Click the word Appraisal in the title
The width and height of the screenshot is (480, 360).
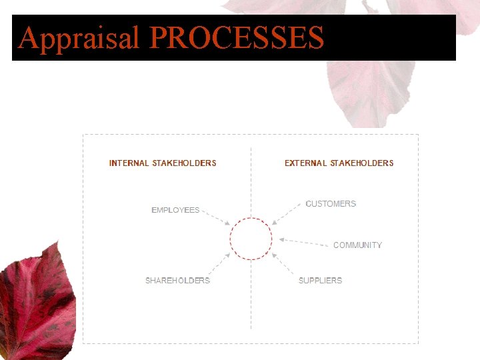(x=78, y=38)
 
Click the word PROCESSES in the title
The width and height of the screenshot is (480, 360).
(x=236, y=38)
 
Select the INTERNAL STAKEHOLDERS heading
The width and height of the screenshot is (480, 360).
(x=163, y=163)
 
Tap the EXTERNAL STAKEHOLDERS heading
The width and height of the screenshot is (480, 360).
(x=339, y=163)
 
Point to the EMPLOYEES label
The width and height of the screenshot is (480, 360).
(x=175, y=210)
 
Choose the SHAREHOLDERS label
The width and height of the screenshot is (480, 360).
(x=177, y=281)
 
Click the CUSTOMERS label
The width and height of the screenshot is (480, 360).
(x=331, y=203)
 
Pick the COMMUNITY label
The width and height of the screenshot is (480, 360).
(x=357, y=245)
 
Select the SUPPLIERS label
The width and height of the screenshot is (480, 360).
(x=320, y=281)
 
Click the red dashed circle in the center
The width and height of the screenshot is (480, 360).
(x=251, y=238)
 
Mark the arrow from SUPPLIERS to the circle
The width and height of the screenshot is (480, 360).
(x=285, y=265)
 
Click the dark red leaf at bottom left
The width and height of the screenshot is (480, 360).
(x=33, y=300)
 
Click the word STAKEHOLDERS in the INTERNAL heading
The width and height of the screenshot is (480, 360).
(x=184, y=163)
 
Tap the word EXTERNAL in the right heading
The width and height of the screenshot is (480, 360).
(x=305, y=163)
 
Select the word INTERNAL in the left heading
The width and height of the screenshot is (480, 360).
(x=129, y=163)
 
